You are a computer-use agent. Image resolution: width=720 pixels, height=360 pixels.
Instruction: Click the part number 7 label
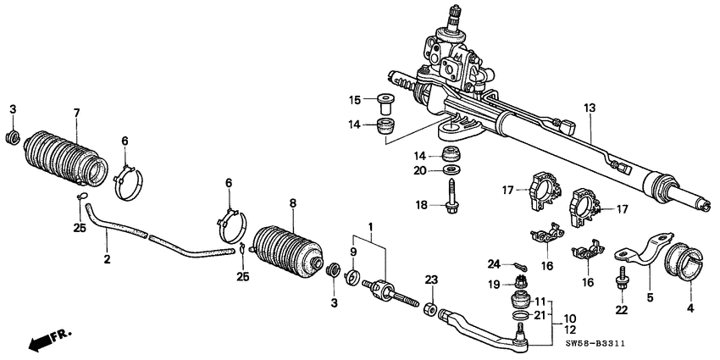[x=76, y=114]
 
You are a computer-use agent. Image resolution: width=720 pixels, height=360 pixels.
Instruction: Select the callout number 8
[x=293, y=203]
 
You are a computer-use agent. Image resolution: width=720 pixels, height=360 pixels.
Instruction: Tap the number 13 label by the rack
[x=589, y=108]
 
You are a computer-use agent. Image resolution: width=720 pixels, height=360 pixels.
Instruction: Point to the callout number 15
[x=356, y=100]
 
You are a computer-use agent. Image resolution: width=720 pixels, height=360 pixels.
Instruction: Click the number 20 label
[x=420, y=170]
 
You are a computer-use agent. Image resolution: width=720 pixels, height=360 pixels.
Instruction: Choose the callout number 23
[x=430, y=280]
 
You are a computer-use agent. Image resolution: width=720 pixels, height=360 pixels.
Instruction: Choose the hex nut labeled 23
[x=430, y=306]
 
